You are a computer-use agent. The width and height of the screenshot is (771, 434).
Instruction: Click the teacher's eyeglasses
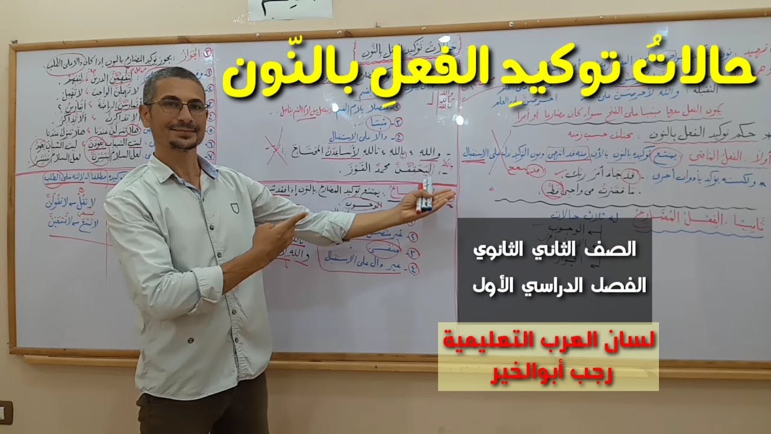coord(176,107)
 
